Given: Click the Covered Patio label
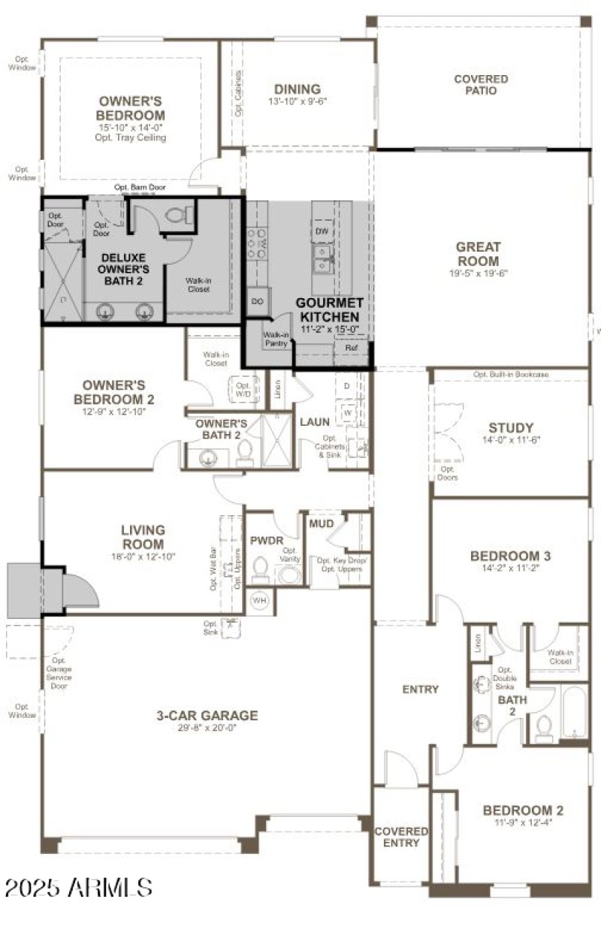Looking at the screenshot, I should [x=481, y=85].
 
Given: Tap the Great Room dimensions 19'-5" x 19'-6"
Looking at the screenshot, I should [x=478, y=274].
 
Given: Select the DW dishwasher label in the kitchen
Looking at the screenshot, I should [x=322, y=231].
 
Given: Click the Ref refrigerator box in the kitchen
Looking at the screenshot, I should [x=351, y=348].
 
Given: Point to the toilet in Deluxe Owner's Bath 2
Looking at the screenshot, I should [x=177, y=216].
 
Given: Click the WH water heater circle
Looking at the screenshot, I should [x=259, y=601].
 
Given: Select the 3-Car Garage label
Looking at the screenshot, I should [x=207, y=716].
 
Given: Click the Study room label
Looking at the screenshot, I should [x=511, y=428].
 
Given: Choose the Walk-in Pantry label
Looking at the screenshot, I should [x=276, y=339].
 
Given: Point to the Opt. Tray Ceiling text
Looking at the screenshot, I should [x=131, y=138].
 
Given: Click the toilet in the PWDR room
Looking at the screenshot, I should [x=260, y=571].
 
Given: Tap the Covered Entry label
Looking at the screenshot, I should [x=401, y=837].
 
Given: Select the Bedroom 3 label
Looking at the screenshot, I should [x=511, y=556].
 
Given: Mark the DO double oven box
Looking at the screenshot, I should [x=257, y=300].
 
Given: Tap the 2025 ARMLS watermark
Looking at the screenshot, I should [x=78, y=888].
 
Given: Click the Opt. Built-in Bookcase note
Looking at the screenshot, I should [x=511, y=374].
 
